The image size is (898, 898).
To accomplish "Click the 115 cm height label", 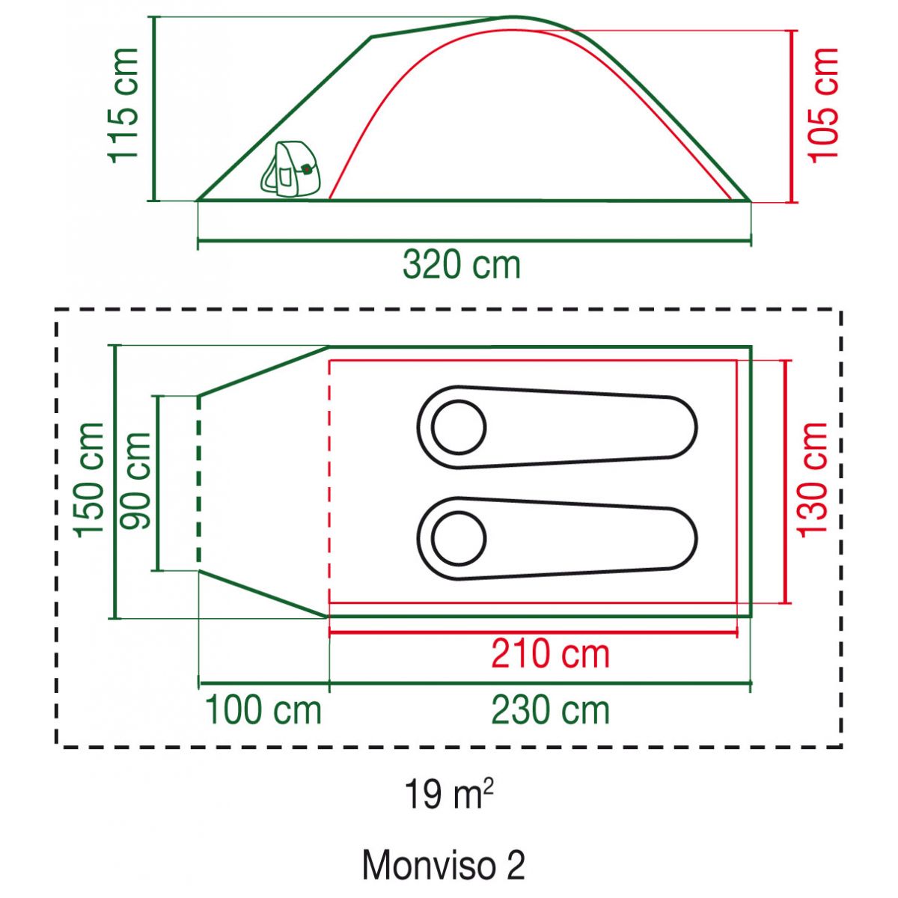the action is (x=124, y=105).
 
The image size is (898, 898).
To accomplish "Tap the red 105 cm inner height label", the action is (x=824, y=105).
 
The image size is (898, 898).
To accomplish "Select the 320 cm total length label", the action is (x=462, y=265).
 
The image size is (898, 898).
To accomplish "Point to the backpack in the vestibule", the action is (x=289, y=170).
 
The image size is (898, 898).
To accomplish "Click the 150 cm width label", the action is (x=90, y=480).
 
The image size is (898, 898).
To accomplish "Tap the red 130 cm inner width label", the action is (x=813, y=480).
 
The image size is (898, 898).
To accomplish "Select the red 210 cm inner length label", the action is (x=550, y=654).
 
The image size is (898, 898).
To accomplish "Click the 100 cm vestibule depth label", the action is (x=263, y=710).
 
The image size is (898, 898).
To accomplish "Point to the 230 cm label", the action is (x=550, y=710).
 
